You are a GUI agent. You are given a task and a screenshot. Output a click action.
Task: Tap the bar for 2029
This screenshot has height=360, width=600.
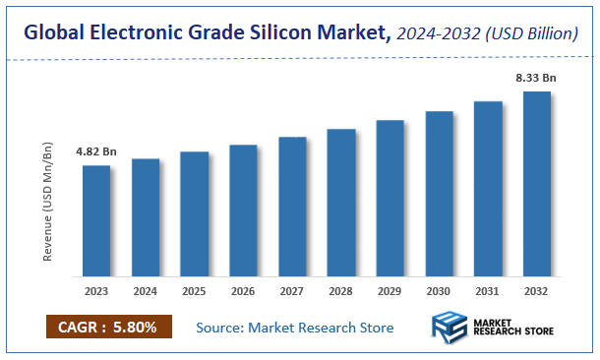point(390,198)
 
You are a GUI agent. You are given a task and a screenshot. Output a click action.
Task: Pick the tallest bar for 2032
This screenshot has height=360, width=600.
point(537,183)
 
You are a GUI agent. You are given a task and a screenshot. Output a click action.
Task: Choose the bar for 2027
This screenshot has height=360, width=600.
point(292,206)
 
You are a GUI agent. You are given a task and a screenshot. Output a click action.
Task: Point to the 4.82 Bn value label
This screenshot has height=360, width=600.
point(95,152)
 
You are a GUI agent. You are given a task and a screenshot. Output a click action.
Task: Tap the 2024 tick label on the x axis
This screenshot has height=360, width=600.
point(145,291)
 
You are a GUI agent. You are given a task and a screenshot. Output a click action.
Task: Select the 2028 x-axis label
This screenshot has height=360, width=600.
point(341,291)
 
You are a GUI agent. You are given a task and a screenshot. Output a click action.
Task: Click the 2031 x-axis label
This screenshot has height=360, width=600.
point(488,291)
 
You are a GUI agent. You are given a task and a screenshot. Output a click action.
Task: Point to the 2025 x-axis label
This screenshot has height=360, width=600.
point(194,291)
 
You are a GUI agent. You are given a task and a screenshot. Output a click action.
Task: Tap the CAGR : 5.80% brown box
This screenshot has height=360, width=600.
point(108,327)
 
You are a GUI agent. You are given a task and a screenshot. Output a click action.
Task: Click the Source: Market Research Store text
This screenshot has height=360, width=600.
point(294,327)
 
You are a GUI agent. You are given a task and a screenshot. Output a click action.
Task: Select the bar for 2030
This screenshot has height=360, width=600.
point(439,193)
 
